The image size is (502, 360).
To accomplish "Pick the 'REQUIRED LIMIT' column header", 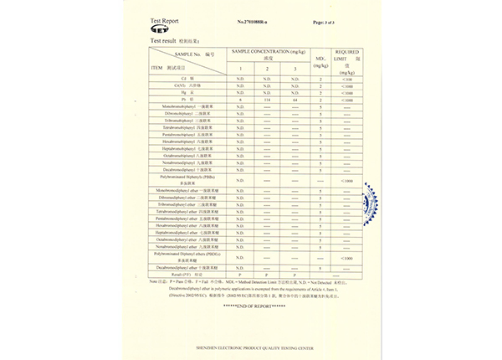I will (348, 55).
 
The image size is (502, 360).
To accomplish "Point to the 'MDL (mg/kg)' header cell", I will (320, 60).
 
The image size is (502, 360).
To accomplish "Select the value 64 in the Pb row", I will (295, 100).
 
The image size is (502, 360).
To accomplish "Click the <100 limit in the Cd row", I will (348, 78).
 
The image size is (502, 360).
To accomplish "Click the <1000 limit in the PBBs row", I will (348, 181).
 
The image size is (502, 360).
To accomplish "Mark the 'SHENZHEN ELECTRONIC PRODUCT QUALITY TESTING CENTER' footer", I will (251, 344).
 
